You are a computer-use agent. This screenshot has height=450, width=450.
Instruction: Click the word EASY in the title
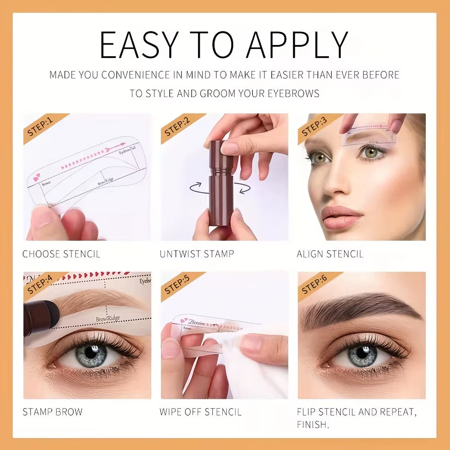click(137, 45)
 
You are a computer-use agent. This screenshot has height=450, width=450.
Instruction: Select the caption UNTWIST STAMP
click(197, 254)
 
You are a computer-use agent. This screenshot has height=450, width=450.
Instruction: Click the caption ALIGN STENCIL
click(330, 254)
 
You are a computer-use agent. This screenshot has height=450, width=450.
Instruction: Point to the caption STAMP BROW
click(53, 412)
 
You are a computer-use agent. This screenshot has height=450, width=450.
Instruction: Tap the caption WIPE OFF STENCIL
click(200, 412)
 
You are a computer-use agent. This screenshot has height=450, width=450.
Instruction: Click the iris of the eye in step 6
click(362, 355)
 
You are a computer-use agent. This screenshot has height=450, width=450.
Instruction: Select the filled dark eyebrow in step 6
click(355, 306)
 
